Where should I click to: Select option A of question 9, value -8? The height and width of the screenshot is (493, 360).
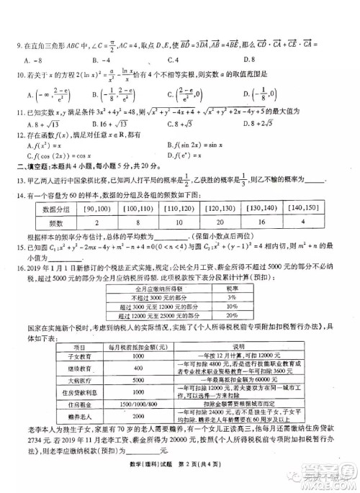pos(33,58)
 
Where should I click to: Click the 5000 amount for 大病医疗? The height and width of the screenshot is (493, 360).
pos(138,380)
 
